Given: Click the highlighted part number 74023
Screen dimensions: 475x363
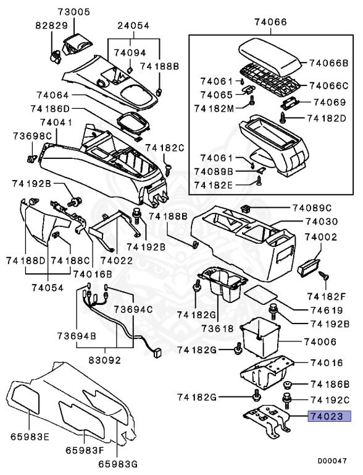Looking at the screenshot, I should [x=330, y=416].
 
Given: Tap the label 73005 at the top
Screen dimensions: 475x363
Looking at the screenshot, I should [x=74, y=12].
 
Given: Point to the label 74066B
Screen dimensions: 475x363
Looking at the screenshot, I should [x=329, y=63].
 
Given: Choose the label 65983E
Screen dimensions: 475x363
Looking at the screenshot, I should [x=29, y=436].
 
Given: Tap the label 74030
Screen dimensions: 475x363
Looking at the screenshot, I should [x=323, y=222].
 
